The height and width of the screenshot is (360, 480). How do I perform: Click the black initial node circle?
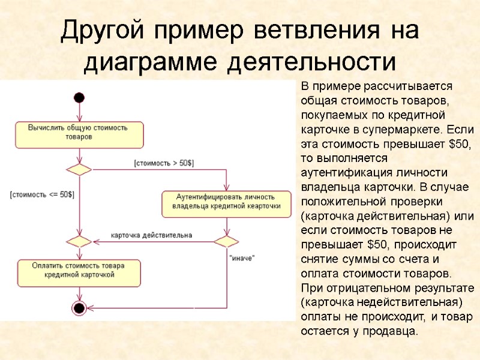tap(79, 98)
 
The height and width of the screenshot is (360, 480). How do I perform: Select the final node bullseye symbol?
tap(79, 308)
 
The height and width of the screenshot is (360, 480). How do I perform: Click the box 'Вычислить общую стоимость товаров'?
tap(79, 134)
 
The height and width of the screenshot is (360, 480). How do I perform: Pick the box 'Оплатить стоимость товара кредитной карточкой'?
tap(79, 272)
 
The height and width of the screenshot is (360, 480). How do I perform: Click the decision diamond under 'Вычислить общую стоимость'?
tap(79, 170)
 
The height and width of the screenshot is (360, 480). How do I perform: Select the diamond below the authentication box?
tap(226, 242)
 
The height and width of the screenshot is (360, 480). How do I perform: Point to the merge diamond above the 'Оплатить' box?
tap(79, 242)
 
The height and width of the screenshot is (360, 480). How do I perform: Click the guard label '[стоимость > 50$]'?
tap(164, 163)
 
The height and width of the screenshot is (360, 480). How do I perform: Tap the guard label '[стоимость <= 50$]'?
tap(42, 194)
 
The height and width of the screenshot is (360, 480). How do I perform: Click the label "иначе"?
tap(242, 258)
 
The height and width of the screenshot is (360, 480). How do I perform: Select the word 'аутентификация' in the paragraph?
tap(345, 172)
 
